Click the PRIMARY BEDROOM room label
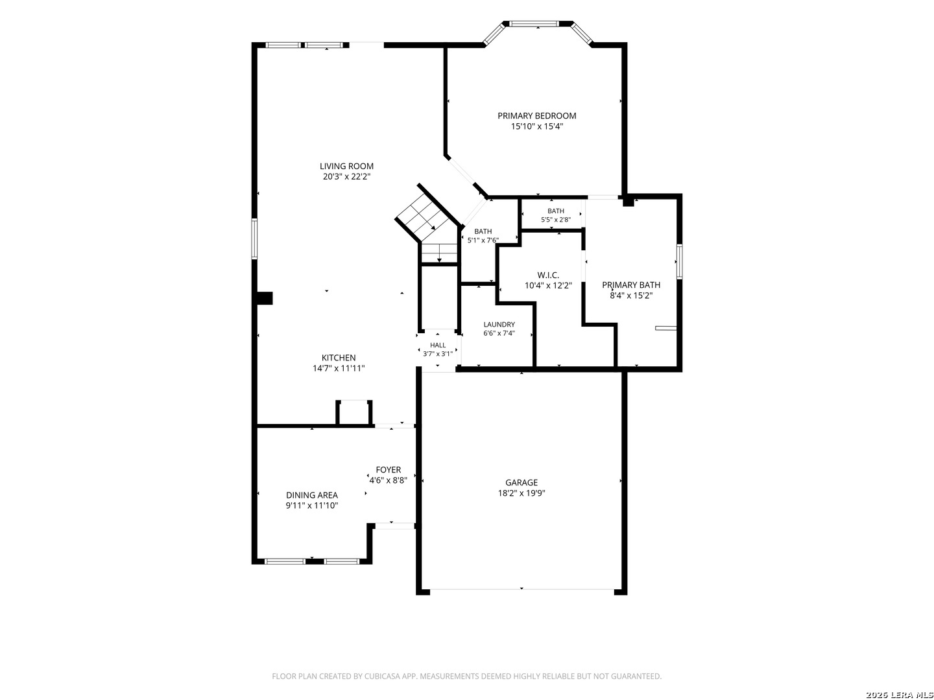[536, 115]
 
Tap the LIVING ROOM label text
[346, 166]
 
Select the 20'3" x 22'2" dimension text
[346, 177]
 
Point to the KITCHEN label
[339, 358]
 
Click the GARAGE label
[521, 482]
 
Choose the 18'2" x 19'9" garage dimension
[521, 493]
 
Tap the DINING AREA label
[311, 495]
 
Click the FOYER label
[388, 470]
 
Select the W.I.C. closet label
[547, 275]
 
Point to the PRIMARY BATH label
[631, 285]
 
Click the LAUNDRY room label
[499, 324]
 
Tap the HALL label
[437, 345]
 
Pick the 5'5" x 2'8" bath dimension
[555, 220]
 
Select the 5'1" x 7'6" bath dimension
[483, 240]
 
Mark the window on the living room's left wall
[254, 239]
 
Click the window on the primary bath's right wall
[679, 262]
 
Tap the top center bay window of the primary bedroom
[538, 24]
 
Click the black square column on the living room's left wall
[265, 298]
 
